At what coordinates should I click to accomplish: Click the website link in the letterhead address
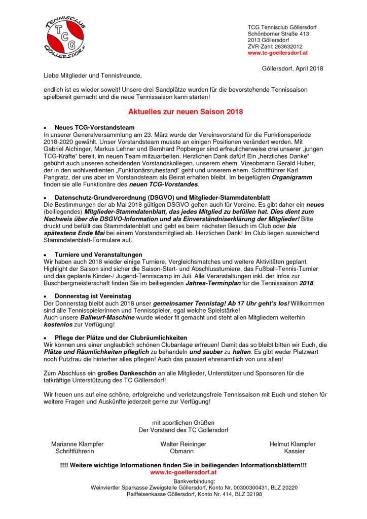(276, 52)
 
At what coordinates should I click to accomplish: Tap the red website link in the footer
(183, 472)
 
